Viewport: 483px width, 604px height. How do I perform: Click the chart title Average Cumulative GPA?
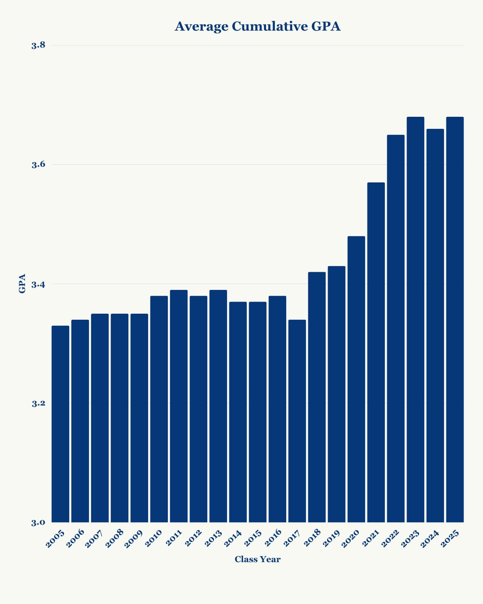258,27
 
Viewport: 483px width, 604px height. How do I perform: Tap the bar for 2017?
297,421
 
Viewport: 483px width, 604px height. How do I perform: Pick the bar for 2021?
376,352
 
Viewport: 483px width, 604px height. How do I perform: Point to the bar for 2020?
356,379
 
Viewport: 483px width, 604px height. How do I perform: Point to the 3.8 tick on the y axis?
38,45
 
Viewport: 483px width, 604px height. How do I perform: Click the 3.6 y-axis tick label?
38,164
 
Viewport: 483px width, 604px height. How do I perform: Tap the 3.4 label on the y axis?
38,284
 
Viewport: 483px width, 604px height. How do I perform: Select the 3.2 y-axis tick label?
38,403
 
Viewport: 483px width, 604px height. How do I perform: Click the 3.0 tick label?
38,523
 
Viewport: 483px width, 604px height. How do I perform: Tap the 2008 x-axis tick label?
115,540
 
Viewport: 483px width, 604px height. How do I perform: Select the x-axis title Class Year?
258,559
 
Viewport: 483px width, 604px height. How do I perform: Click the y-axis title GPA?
22,283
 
